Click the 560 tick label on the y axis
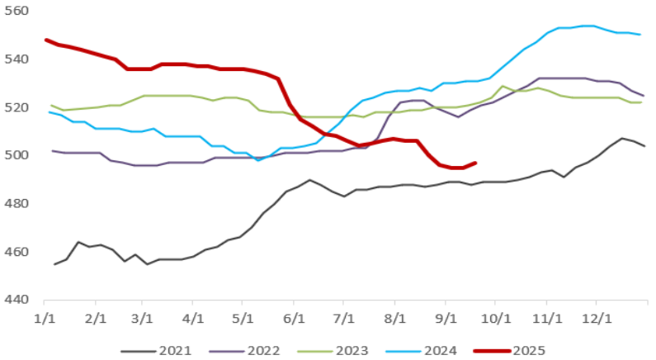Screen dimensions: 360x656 (x=17, y=12)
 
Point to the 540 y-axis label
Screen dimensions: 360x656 (x=17, y=59)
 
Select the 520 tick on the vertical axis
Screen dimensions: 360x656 (x=17, y=107)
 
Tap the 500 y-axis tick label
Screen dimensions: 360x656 (x=17, y=155)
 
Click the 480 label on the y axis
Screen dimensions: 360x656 (x=17, y=204)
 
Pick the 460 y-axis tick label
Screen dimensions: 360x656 (x=17, y=252)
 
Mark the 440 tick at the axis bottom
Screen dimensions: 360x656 (x=17, y=300)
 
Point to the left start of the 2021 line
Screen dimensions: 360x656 (x=54, y=264)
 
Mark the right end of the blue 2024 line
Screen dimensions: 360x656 (x=641, y=35)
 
